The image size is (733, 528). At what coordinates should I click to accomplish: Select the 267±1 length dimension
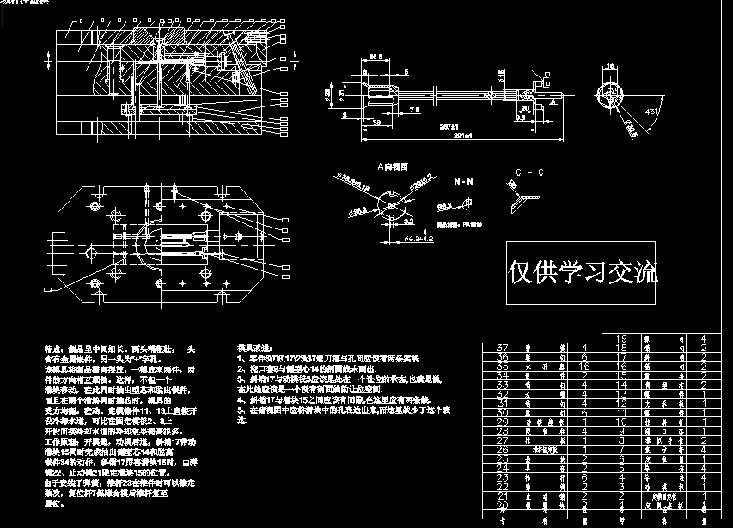coord(446,125)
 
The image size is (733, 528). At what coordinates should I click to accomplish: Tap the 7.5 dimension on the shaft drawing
coord(414,111)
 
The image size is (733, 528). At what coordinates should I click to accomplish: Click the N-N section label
coord(461,183)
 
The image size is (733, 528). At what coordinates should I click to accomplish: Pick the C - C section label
coord(524,173)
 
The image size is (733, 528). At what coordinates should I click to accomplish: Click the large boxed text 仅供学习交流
coord(584,272)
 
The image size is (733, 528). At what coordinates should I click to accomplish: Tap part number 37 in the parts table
coord(504,347)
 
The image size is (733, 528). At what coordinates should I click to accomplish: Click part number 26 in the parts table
coord(504,448)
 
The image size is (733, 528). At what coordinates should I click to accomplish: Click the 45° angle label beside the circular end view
coord(651,112)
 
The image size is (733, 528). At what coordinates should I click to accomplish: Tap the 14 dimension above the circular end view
coord(611,65)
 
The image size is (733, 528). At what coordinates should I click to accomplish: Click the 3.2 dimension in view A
coord(409,220)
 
